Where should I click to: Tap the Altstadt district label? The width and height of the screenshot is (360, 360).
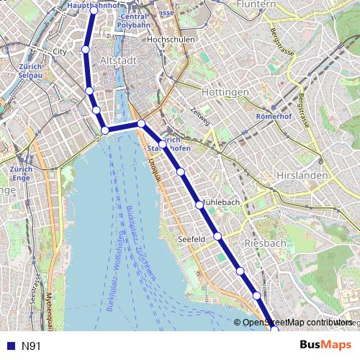(x=119, y=60)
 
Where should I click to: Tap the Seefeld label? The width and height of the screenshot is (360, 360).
(x=192, y=238)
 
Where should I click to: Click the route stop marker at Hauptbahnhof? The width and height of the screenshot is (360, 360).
(x=94, y=11)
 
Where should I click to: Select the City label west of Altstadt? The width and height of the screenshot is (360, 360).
(x=60, y=53)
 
